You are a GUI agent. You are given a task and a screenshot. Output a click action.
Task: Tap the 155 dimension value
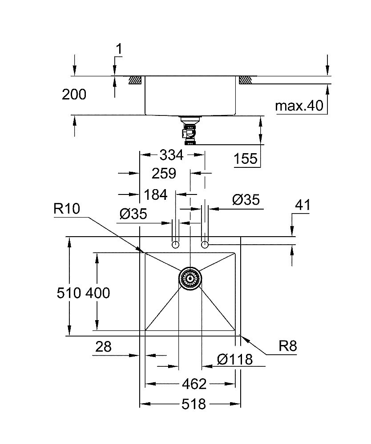tap(246, 159)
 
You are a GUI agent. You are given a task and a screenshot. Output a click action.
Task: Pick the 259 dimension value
tap(164, 173)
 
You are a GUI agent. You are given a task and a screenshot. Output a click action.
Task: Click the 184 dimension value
tap(155, 194)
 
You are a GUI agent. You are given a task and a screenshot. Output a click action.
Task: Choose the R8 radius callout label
tap(288, 346)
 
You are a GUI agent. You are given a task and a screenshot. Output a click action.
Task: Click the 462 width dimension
tap(194, 383)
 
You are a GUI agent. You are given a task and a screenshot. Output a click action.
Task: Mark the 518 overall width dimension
tap(194, 404)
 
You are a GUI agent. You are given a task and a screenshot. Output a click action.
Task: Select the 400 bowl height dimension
tap(97, 293)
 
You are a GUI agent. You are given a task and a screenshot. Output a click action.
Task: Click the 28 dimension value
tap(103, 347)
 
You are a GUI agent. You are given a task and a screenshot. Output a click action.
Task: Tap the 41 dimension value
tap(302, 206)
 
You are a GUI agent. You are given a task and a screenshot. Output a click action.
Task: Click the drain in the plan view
tap(190, 278)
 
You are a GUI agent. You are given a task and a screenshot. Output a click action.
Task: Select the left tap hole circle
tap(176, 245)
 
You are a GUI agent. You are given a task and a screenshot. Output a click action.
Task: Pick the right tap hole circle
tap(205, 245)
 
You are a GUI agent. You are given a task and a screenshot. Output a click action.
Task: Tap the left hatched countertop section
tap(135, 80)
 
